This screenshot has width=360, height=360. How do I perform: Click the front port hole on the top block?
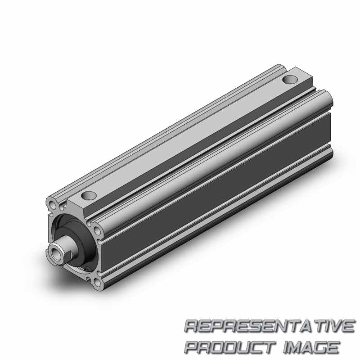[x=89, y=196]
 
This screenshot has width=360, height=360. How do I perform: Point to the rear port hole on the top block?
[x=290, y=80]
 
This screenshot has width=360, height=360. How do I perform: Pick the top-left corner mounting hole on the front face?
[x=52, y=204]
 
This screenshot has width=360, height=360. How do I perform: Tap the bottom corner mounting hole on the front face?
[x=97, y=282]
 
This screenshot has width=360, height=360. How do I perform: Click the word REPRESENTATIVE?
[x=270, y=326]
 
